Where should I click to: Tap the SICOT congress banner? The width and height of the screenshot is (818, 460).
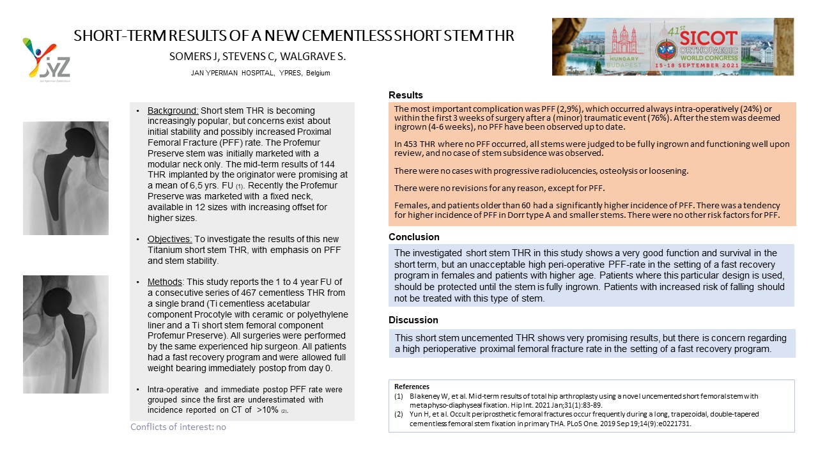pyautogui.click(x=672, y=47)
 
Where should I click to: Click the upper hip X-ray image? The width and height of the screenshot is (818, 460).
pyautogui.click(x=66, y=178)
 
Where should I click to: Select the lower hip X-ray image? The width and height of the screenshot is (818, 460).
pyautogui.click(x=66, y=334)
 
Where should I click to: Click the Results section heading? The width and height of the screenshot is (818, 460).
pyautogui.click(x=406, y=96)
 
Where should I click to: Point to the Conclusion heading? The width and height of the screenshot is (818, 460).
pyautogui.click(x=414, y=237)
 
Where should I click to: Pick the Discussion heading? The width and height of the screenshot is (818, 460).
pyautogui.click(x=413, y=319)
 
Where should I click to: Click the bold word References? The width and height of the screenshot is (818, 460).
pyautogui.click(x=412, y=387)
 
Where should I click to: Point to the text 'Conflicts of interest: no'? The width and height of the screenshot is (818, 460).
pyautogui.click(x=178, y=427)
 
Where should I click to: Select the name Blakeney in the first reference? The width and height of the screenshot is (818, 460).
pyautogui.click(x=424, y=396)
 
